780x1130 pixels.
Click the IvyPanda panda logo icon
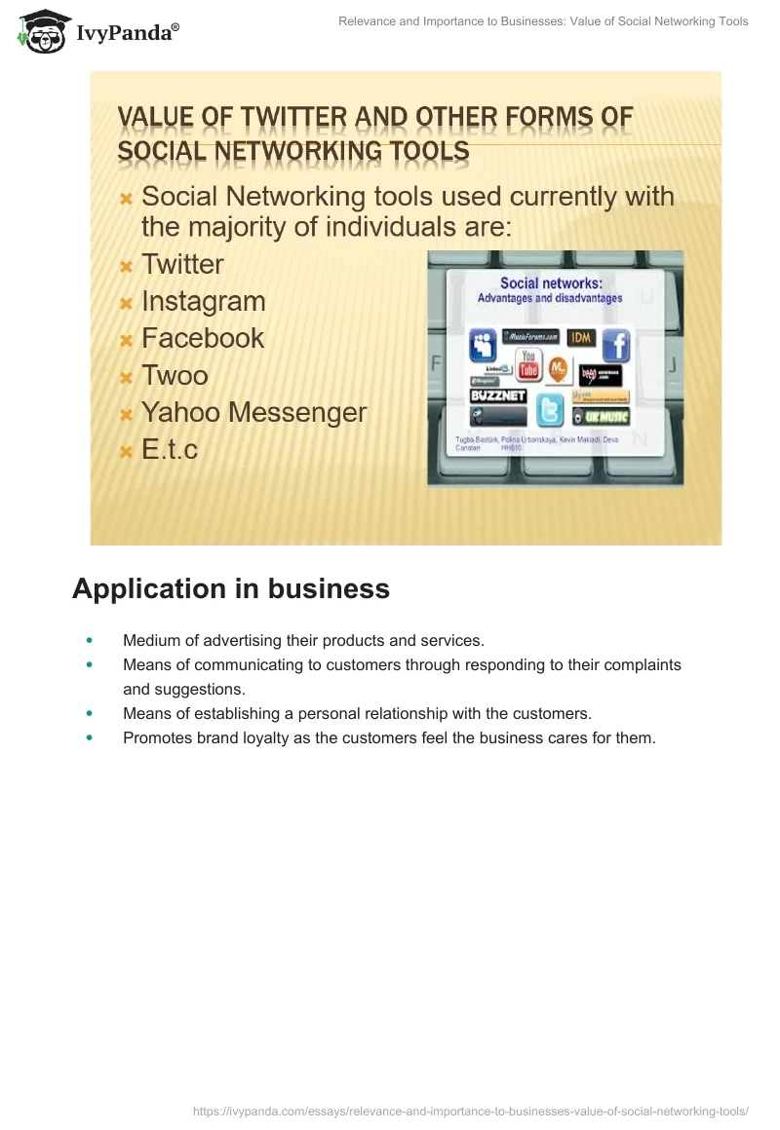coord(40,31)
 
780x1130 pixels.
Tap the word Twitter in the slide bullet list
coord(182,265)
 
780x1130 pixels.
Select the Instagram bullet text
coord(203,302)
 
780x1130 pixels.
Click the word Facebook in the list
coord(203,338)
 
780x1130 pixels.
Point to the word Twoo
coord(175,375)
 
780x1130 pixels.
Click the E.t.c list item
coord(169,449)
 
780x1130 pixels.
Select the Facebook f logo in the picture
coord(615,345)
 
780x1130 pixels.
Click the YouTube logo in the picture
coord(528,364)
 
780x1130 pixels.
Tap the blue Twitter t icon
coord(550,410)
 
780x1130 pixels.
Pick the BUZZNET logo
coord(498,396)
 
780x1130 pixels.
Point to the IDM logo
coord(581,337)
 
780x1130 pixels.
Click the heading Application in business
coord(231,589)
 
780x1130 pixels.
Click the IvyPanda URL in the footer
coord(470,1111)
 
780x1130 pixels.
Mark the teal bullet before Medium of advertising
coord(90,640)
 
